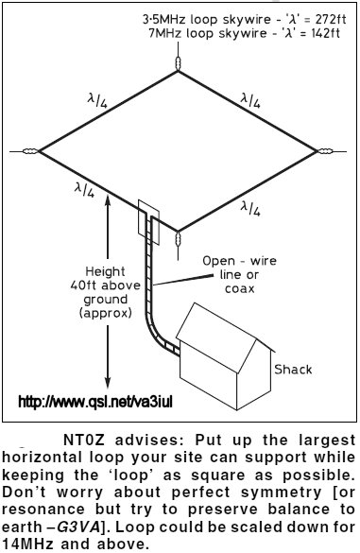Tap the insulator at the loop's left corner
click(x=30, y=151)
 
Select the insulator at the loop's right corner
click(x=325, y=151)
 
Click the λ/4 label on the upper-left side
click(x=97, y=100)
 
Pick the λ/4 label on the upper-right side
click(x=250, y=100)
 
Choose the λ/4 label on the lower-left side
click(x=84, y=189)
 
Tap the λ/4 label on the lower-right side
click(x=250, y=208)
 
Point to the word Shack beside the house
click(x=293, y=370)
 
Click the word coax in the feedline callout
click(x=240, y=289)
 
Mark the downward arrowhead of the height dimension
click(x=108, y=383)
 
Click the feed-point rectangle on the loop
click(x=148, y=222)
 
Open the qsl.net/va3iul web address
click(x=95, y=402)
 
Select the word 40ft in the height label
click(x=82, y=285)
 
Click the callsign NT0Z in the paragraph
click(x=83, y=441)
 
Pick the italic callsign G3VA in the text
click(x=78, y=527)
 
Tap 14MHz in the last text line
click(x=26, y=544)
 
